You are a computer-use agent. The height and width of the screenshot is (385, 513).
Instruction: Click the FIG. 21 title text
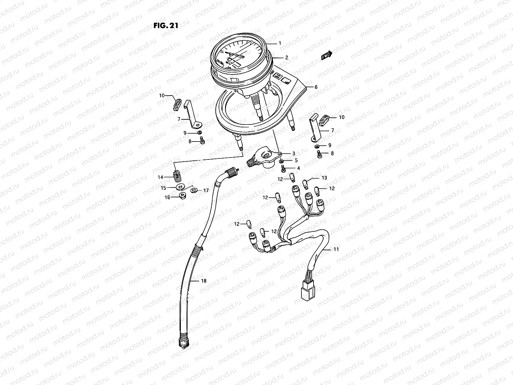pyautogui.click(x=165, y=26)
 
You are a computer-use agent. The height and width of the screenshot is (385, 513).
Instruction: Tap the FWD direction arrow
pyautogui.click(x=327, y=56)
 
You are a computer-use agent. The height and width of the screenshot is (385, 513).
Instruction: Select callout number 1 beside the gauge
pyautogui.click(x=280, y=43)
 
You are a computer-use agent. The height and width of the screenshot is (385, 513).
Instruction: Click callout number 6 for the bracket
pyautogui.click(x=316, y=87)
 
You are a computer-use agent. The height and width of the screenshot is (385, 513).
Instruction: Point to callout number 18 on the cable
pyautogui.click(x=204, y=281)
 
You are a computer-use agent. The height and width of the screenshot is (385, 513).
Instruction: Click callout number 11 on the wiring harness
pyautogui.click(x=336, y=249)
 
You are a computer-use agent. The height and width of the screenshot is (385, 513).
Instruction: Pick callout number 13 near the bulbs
pyautogui.click(x=324, y=178)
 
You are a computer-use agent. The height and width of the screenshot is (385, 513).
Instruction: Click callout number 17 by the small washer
pyautogui.click(x=206, y=190)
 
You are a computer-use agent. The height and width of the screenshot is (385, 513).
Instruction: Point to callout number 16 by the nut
pyautogui.click(x=168, y=198)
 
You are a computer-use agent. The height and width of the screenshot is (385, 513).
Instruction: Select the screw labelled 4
pyautogui.click(x=283, y=168)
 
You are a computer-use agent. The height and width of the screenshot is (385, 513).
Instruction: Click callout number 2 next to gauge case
pyautogui.click(x=286, y=58)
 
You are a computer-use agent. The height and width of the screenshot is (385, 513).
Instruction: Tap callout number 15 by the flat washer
pyautogui.click(x=163, y=188)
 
